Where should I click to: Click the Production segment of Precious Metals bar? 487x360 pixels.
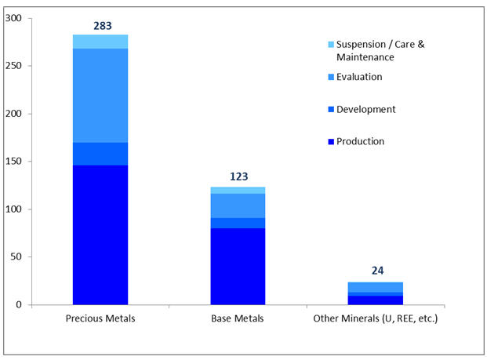[x=100, y=235]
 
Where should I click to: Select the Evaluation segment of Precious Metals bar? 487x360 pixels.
[x=100, y=95]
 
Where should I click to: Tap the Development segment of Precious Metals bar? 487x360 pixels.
[x=100, y=154]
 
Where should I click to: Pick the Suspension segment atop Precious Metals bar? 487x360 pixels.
[x=100, y=42]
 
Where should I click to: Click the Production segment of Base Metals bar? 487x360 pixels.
[x=238, y=266]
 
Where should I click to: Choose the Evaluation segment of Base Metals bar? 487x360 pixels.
[x=238, y=205]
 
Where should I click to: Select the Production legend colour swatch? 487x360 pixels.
[x=331, y=142]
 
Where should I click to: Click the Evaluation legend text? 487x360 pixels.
[x=359, y=77]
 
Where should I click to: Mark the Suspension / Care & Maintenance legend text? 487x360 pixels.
[x=380, y=51]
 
